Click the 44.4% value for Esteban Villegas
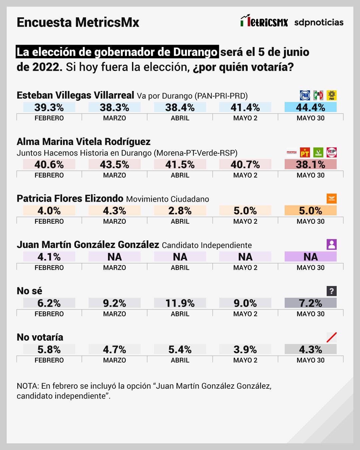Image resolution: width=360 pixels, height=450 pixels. [x=310, y=107]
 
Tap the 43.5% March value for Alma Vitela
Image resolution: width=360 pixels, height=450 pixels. [x=114, y=164]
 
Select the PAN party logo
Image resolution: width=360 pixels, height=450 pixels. [x=305, y=95]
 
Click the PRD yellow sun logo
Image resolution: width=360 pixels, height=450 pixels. [x=331, y=95]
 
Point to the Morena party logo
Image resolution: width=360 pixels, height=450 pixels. [x=291, y=153]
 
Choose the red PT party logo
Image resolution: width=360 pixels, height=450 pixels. [x=305, y=153]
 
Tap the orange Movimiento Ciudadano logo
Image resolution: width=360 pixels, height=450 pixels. [x=331, y=199]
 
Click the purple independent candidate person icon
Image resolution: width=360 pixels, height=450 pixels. [x=331, y=245]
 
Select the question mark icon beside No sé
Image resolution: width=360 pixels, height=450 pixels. [x=331, y=291]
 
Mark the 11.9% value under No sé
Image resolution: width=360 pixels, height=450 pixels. [x=180, y=303]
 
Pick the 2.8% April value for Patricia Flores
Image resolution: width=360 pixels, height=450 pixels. [x=180, y=211]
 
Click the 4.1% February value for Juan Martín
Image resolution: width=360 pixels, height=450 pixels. [x=49, y=257]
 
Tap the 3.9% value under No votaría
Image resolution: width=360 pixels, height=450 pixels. [x=245, y=349]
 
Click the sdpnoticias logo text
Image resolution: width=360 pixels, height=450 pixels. [x=319, y=22]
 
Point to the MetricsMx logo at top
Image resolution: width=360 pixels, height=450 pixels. [x=264, y=21]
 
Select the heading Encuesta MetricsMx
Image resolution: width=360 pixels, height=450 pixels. [x=78, y=22]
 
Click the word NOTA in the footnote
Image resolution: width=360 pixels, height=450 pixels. [x=28, y=386]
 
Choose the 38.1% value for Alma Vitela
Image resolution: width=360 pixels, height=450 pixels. [x=310, y=164]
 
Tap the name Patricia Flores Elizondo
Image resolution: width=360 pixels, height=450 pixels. [x=70, y=199]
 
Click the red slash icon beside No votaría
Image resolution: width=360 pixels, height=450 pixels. [x=331, y=337]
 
